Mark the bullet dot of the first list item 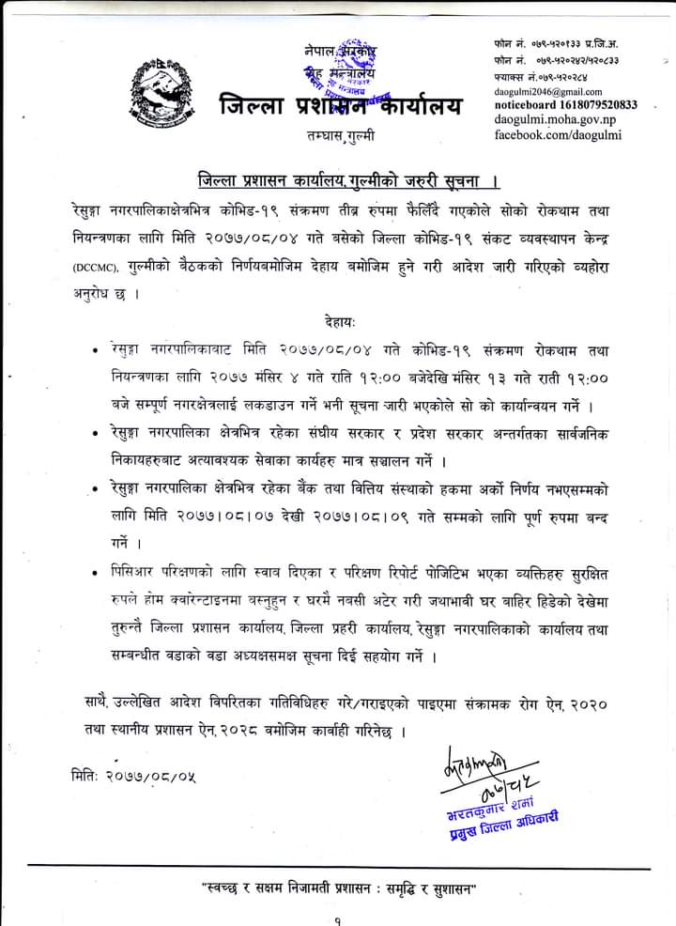98,351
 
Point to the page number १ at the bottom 337,920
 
